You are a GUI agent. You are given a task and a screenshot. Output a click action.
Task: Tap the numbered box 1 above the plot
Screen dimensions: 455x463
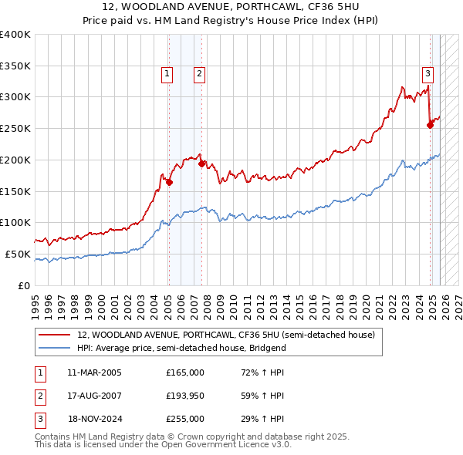coord(167,74)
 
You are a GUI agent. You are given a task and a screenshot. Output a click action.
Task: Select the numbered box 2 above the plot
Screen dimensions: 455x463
coord(199,74)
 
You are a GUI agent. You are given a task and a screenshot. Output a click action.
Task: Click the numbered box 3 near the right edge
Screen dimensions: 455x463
coord(427,74)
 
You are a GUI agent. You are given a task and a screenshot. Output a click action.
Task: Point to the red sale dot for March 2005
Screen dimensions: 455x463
coord(169,182)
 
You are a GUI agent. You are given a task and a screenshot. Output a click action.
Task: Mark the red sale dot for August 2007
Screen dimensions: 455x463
coord(201,163)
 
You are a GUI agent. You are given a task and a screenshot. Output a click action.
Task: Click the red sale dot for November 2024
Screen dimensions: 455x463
coord(430,125)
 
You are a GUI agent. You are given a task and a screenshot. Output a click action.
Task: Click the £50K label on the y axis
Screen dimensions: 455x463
coord(19,254)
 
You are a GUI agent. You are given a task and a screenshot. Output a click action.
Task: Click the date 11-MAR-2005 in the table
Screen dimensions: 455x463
coord(94,372)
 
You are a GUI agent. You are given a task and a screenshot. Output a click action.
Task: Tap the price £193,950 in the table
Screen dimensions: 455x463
coord(185,396)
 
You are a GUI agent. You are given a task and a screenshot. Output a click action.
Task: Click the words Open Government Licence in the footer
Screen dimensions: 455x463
coord(226,445)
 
